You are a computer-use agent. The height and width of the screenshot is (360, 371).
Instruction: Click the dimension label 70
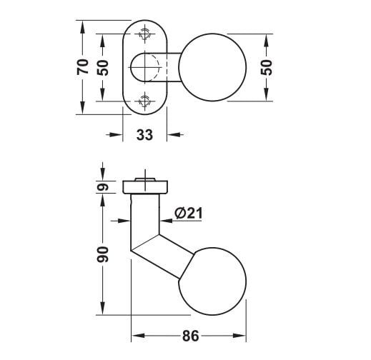coord(82,67)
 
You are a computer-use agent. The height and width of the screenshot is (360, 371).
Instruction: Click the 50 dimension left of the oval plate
coord(103,68)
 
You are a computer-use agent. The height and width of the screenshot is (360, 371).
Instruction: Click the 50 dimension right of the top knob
coord(266,68)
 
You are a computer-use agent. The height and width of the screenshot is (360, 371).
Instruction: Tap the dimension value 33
coord(144,135)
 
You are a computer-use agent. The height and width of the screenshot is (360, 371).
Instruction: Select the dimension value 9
coord(103,187)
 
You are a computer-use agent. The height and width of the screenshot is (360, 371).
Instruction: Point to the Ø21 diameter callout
coord(188,213)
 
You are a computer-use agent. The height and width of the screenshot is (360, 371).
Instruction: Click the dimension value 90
coord(103,254)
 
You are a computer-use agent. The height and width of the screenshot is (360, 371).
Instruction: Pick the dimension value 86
coord(190,336)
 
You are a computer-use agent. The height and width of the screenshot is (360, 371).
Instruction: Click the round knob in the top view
coord(212,67)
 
